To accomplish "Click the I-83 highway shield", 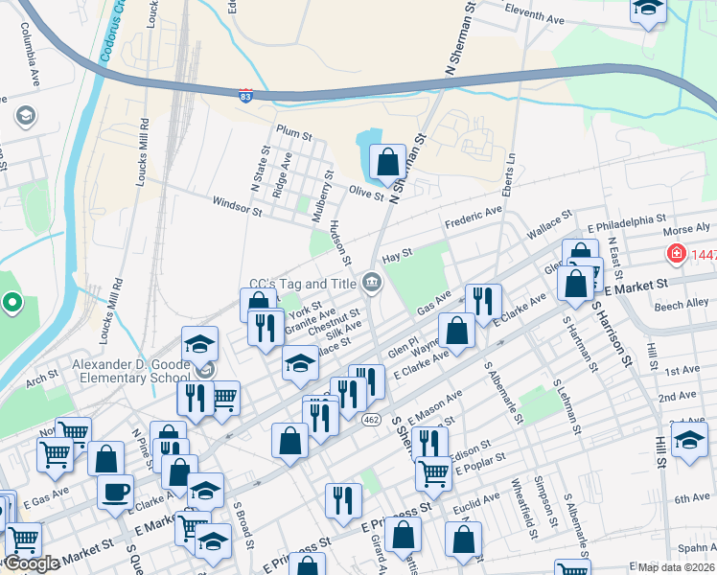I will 246,95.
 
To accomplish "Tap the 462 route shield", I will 371,420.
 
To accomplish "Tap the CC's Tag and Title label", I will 302,284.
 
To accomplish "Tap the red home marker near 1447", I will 676,254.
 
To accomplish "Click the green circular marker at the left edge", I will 12,304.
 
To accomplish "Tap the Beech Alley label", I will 681,304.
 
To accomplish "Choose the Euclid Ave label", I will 478,499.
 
